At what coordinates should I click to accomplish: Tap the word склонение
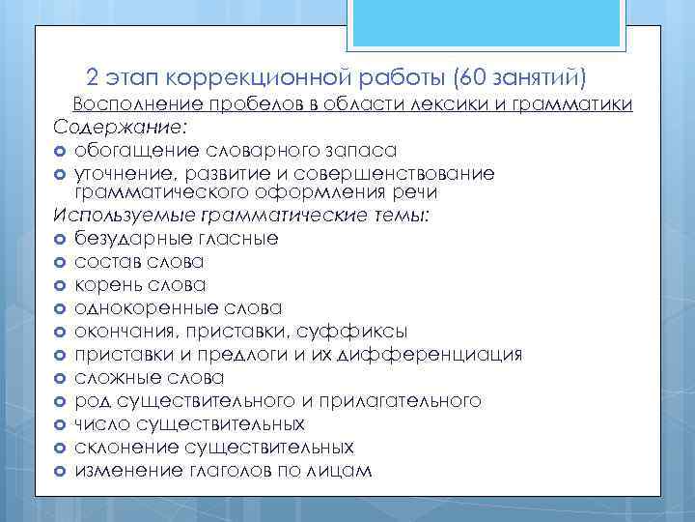pos(123,447)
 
